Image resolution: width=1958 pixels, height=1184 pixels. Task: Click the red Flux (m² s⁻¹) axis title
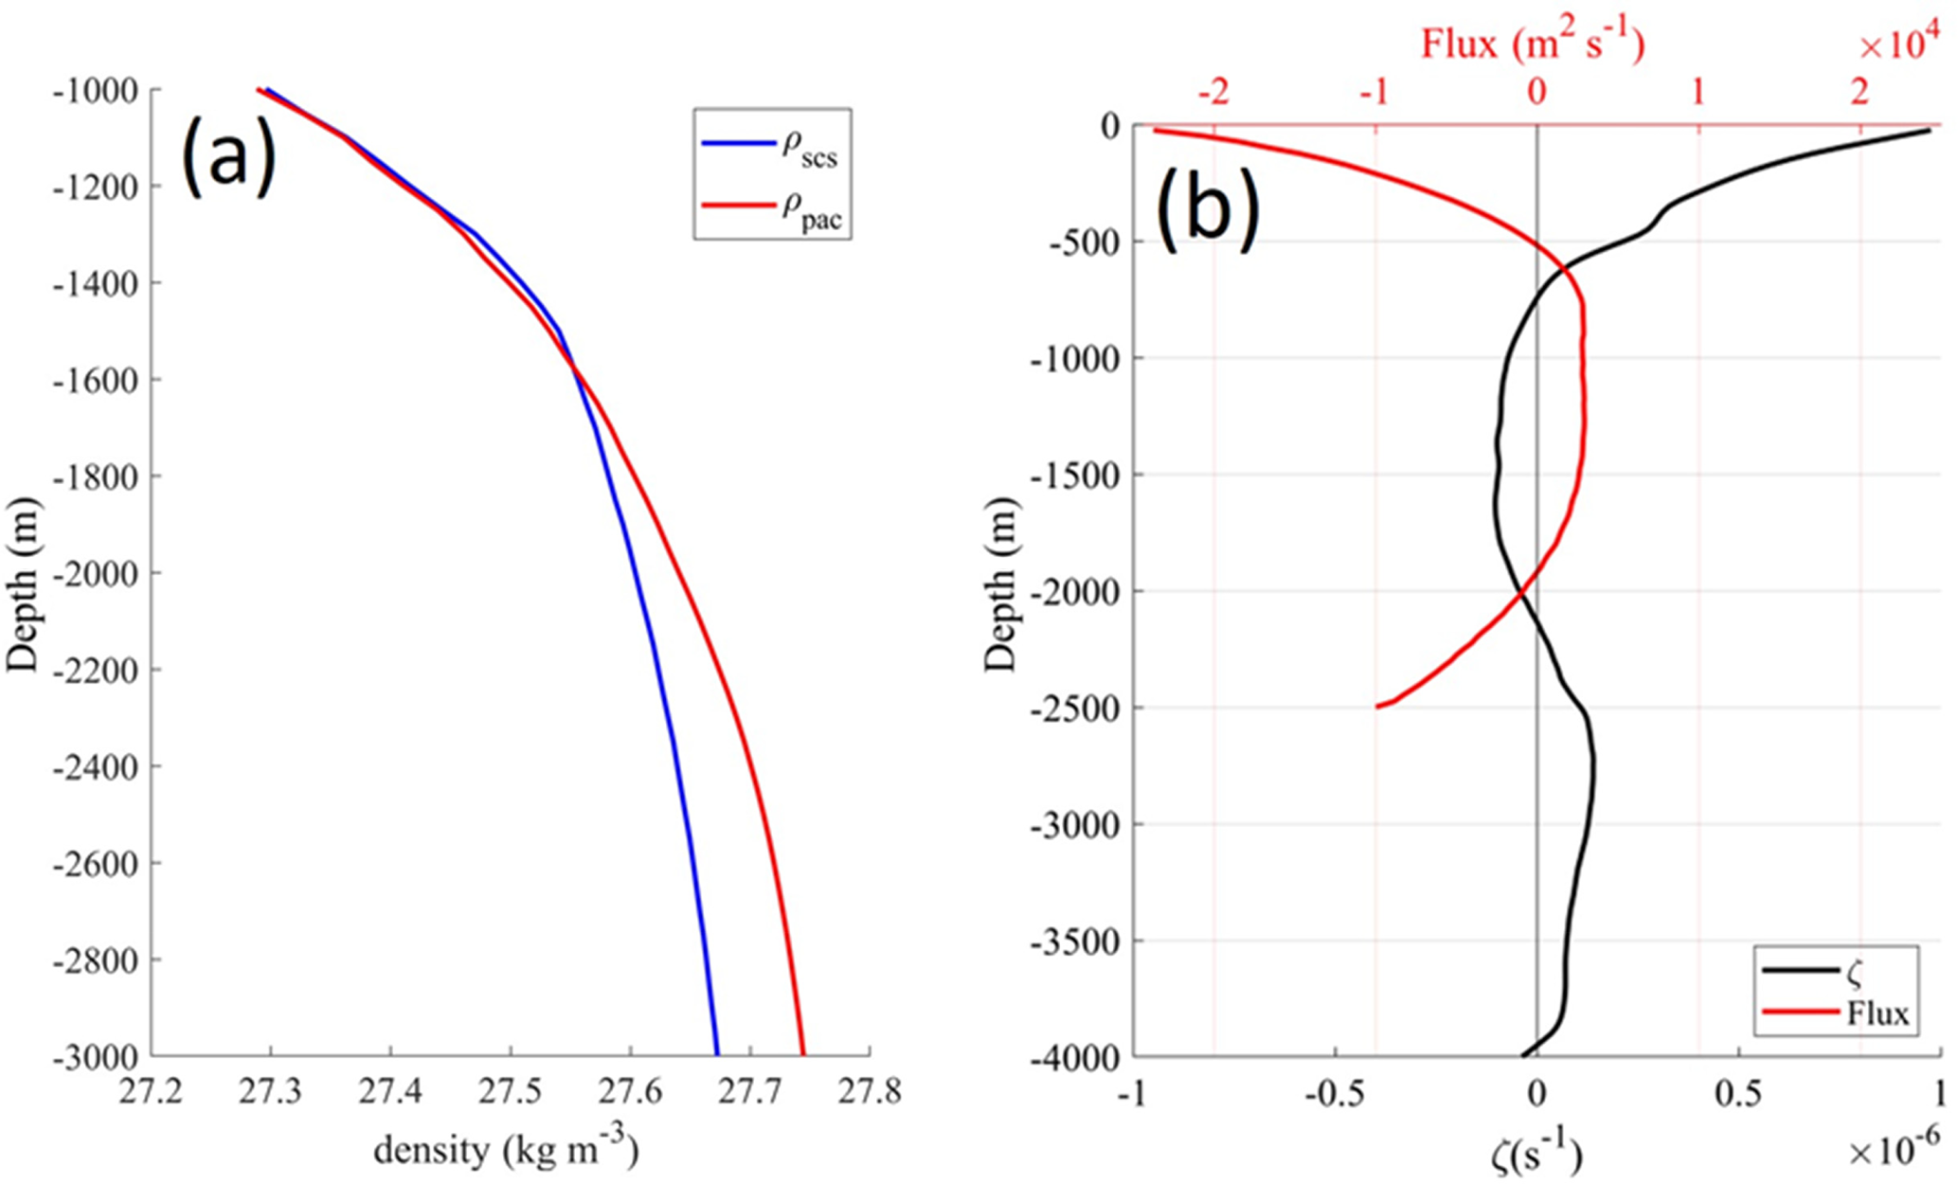tap(1532, 44)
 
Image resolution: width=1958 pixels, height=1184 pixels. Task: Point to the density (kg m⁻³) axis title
tap(506, 1149)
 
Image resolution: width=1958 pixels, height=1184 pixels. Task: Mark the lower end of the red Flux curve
tap(1378, 707)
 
